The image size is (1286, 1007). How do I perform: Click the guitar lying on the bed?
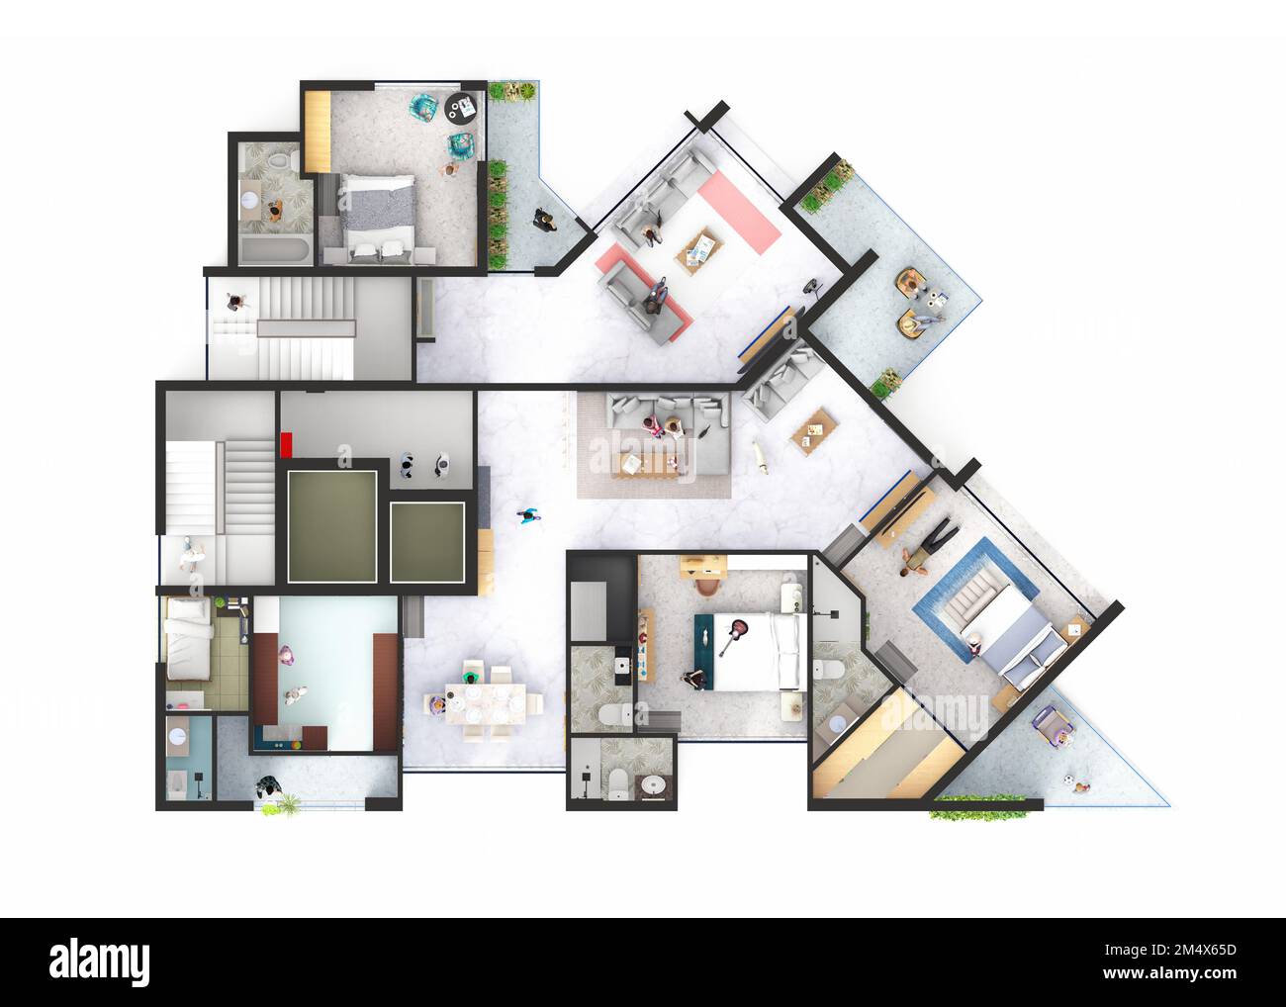734,635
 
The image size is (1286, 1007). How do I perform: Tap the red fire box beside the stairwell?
287,444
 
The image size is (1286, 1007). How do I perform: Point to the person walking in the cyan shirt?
530,515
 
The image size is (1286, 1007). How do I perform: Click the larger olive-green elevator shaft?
331,526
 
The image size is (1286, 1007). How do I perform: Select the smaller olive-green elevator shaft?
427,542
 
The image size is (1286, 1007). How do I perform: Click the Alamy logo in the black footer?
100,961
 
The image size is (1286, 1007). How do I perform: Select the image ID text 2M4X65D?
1180,952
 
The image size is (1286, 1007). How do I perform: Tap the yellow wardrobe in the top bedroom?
317,132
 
